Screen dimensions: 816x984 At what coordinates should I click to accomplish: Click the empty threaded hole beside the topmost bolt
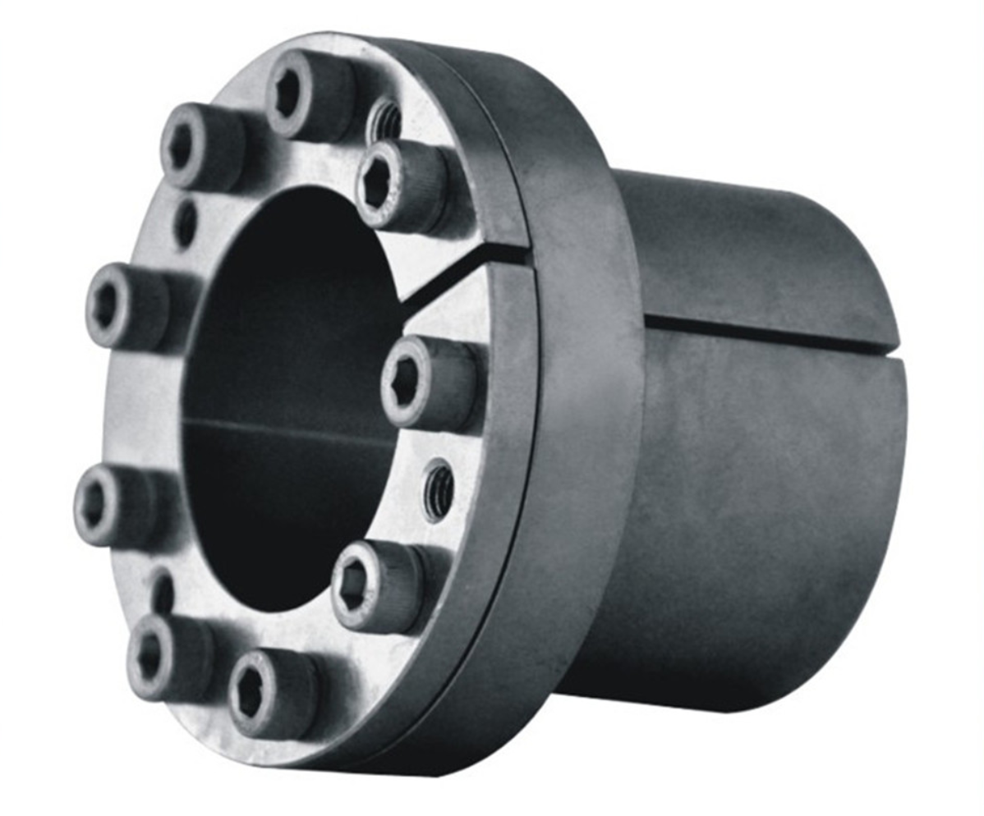coord(385,121)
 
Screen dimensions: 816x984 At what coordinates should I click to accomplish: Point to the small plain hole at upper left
coord(186,222)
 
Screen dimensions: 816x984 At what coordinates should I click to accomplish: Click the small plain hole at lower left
coord(163,590)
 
